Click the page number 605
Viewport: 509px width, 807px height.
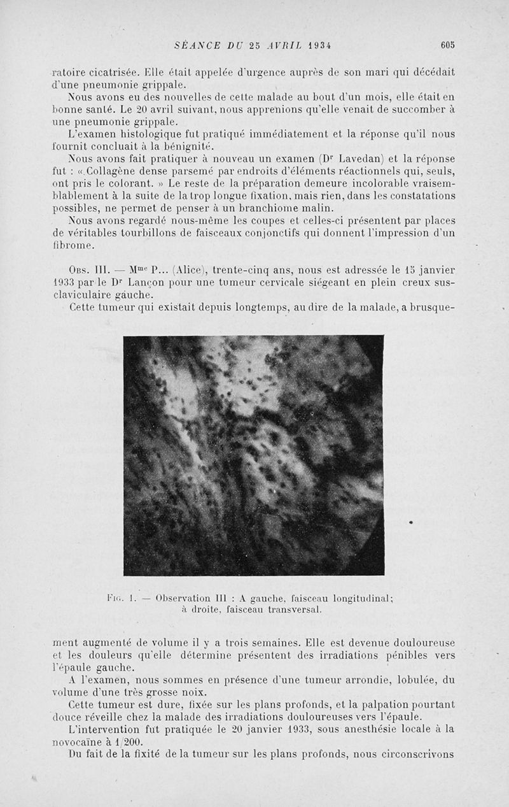[448, 45]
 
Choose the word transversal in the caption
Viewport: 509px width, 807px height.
[289, 609]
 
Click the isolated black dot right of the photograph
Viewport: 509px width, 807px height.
[411, 522]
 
